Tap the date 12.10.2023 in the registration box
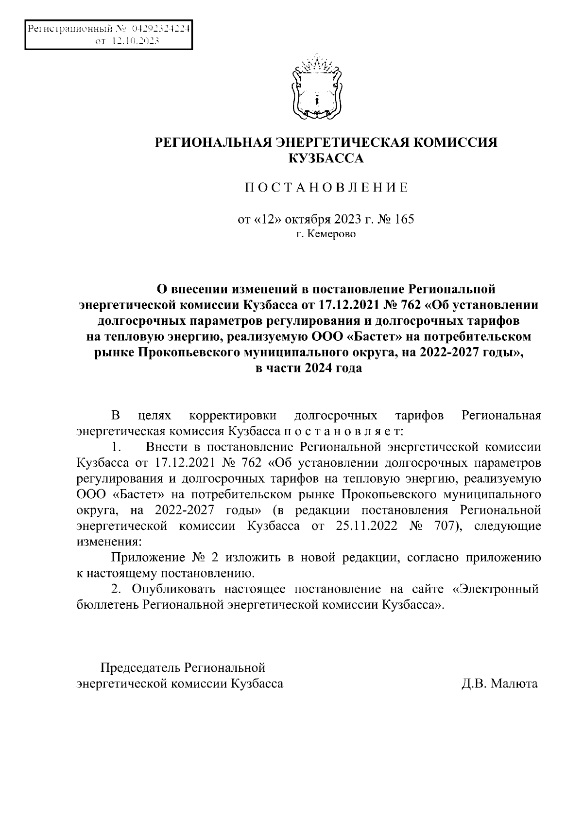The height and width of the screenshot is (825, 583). click(x=136, y=41)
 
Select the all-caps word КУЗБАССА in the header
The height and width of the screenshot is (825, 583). click(x=326, y=158)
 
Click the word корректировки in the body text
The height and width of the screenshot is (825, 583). click(x=233, y=416)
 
